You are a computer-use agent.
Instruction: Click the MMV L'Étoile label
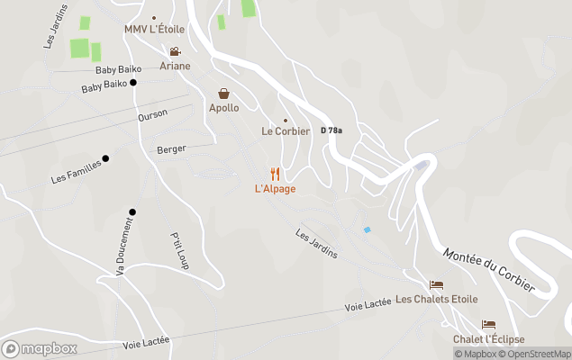pyautogui.click(x=154, y=30)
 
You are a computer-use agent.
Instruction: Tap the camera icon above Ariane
pyautogui.click(x=175, y=52)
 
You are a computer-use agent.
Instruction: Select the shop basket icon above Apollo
pyautogui.click(x=223, y=94)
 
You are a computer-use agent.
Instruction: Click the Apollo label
pyautogui.click(x=223, y=108)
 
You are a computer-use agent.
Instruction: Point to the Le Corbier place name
pyautogui.click(x=286, y=131)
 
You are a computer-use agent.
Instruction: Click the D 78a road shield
pyautogui.click(x=331, y=130)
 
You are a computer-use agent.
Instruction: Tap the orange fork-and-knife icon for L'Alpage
pyautogui.click(x=275, y=174)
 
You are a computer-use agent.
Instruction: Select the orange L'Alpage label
pyautogui.click(x=275, y=189)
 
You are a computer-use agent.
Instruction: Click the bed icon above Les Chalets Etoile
pyautogui.click(x=436, y=284)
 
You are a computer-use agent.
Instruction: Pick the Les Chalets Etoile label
pyautogui.click(x=436, y=300)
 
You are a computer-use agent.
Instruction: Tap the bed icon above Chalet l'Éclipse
pyautogui.click(x=488, y=324)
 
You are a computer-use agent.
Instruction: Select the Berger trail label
pyautogui.click(x=171, y=149)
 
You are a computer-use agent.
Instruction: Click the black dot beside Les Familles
pyautogui.click(x=105, y=158)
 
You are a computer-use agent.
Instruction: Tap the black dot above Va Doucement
pyautogui.click(x=132, y=212)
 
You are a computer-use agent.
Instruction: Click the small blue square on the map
pyautogui.click(x=367, y=229)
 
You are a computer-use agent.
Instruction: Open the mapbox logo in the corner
pyautogui.click(x=40, y=348)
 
